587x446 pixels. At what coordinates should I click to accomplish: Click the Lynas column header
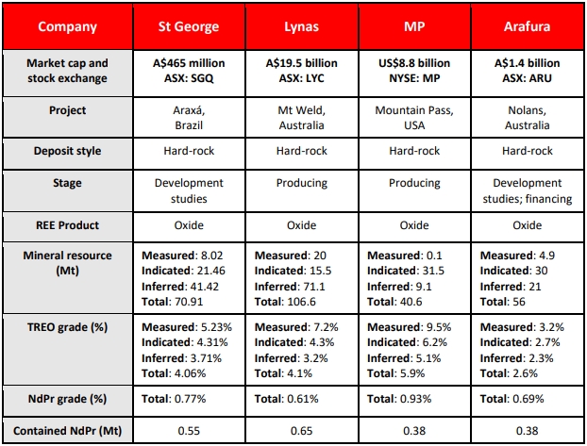click(x=301, y=26)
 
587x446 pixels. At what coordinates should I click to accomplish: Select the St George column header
click(x=189, y=26)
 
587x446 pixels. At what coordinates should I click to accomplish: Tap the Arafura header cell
click(x=528, y=26)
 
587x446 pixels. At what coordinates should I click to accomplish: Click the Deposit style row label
click(x=67, y=151)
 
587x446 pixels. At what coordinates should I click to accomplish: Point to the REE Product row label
click(x=67, y=225)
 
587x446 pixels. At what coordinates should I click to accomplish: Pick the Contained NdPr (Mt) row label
click(x=67, y=431)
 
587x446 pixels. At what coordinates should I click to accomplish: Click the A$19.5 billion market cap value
click(x=301, y=63)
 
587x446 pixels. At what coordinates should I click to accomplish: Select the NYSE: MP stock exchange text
click(x=414, y=78)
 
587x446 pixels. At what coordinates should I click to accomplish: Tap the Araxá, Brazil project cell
click(x=189, y=118)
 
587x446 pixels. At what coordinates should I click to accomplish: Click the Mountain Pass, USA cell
click(x=414, y=118)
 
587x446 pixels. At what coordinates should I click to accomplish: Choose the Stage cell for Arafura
click(x=528, y=190)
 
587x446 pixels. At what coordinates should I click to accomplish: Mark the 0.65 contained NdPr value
click(x=301, y=431)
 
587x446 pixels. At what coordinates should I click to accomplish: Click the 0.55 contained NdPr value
click(x=189, y=431)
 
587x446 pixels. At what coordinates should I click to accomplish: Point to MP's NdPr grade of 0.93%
click(x=399, y=399)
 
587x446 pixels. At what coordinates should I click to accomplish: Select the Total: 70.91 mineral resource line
click(x=172, y=302)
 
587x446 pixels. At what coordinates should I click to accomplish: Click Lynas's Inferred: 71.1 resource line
click(x=290, y=287)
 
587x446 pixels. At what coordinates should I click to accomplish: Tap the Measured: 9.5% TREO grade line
click(x=410, y=327)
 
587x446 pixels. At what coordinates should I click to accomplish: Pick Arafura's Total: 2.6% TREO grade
click(x=509, y=373)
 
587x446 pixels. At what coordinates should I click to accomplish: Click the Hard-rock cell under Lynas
click(x=301, y=151)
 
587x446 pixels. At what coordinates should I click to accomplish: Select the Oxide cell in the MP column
click(x=414, y=225)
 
